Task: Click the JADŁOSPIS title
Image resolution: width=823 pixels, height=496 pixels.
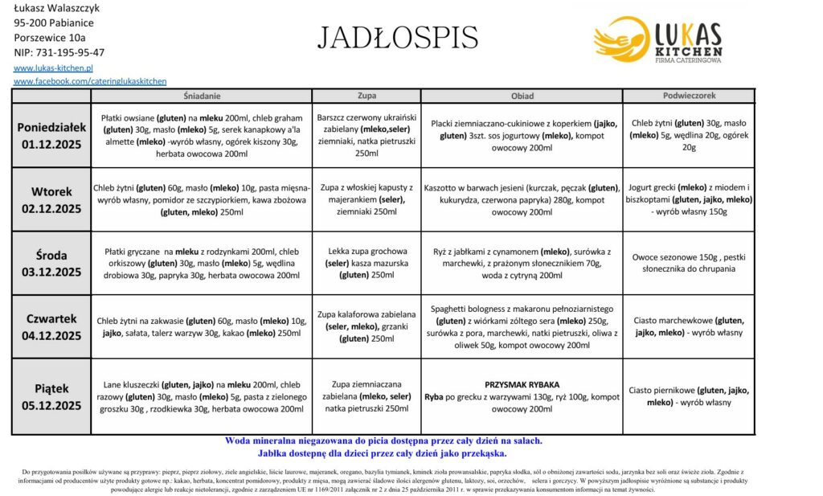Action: coord(399,37)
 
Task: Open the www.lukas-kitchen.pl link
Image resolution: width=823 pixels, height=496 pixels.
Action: coord(54,68)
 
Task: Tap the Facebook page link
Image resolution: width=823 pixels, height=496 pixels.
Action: coord(90,81)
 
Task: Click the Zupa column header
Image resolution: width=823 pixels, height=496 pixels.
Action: coord(366,96)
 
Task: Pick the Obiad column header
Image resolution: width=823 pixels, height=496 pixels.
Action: coord(522,96)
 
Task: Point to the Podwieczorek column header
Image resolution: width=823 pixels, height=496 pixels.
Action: coord(689,96)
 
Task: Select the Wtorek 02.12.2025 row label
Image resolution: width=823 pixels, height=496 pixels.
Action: coord(51,200)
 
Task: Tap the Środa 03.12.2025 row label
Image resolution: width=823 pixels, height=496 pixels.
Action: coord(51,264)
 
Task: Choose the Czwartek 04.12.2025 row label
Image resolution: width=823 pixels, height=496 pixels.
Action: coord(51,327)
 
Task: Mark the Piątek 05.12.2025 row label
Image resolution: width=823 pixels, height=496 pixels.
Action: coord(51,397)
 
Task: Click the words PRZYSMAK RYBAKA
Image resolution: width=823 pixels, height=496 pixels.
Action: coord(522,384)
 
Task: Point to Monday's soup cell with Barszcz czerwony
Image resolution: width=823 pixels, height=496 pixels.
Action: coord(366,135)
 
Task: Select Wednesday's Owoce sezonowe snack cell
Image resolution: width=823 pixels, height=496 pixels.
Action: coord(689,263)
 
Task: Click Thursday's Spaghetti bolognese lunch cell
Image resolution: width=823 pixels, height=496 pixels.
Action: coord(522,326)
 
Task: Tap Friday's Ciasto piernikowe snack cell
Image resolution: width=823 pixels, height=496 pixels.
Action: coord(689,396)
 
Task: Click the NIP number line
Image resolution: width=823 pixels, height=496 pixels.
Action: coord(59,52)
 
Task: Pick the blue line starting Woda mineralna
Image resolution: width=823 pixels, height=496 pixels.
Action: coord(384,441)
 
